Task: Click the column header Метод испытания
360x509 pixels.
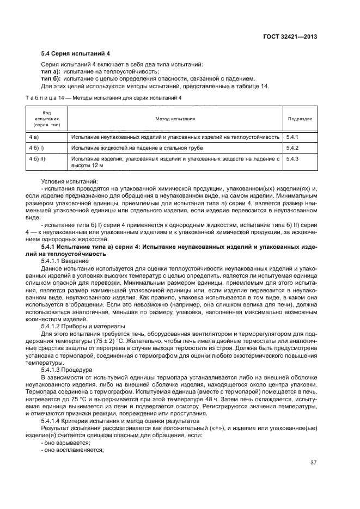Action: point(175,118)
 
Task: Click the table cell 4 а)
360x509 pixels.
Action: point(33,137)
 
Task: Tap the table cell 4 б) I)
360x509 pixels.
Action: point(36,148)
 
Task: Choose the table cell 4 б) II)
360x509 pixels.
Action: point(36,158)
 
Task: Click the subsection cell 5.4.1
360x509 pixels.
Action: point(293,137)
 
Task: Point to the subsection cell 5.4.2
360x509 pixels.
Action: point(293,148)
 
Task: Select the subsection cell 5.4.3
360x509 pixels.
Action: point(293,158)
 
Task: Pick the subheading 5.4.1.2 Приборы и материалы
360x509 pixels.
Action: point(83,326)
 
